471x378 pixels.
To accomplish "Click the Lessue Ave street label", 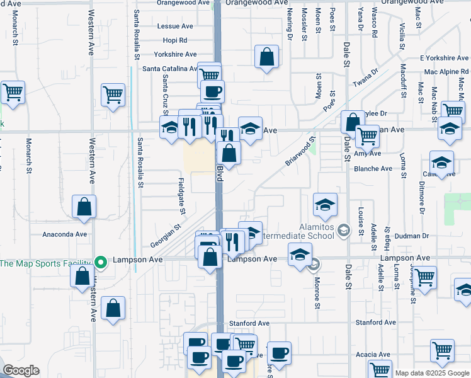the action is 175,26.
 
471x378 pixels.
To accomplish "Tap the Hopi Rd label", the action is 175,40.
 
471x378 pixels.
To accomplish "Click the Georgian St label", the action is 166,237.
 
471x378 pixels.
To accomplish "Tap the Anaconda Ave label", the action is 64,234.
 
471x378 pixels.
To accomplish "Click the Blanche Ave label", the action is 373,169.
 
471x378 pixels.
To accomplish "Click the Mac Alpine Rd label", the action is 446,72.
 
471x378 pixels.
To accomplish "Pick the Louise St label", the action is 361,220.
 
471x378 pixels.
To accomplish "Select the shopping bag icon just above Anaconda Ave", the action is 84,207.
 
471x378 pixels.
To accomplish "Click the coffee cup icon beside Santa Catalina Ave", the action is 212,91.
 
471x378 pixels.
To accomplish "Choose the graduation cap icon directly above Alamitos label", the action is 324,205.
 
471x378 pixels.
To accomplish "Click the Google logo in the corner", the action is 20,370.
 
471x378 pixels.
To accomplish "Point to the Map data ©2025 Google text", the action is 432,374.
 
